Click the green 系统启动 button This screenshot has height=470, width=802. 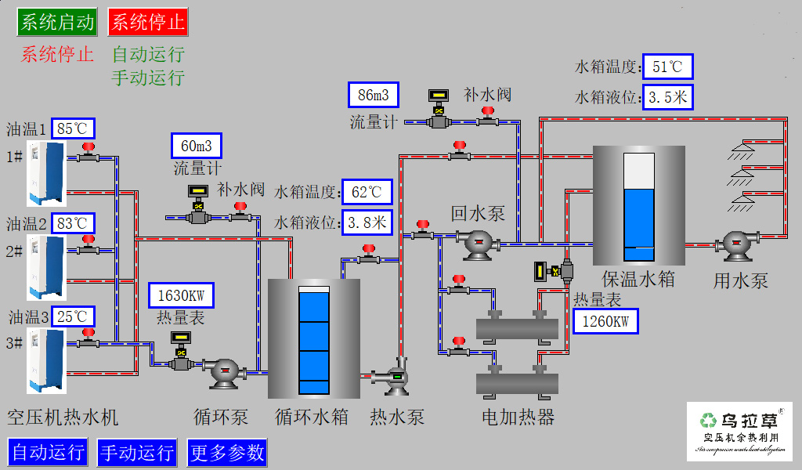[x=57, y=22]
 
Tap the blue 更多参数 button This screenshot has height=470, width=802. [x=227, y=452]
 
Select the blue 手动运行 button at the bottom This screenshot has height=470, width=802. [x=137, y=452]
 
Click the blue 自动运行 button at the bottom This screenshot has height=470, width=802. [x=48, y=452]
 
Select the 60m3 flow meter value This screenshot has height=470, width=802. [x=197, y=146]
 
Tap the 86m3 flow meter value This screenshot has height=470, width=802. [x=374, y=96]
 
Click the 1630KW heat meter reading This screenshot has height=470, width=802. [x=181, y=295]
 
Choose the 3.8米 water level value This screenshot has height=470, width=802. [x=367, y=222]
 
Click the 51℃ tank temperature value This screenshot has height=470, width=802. [x=667, y=67]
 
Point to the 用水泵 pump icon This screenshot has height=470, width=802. [x=739, y=245]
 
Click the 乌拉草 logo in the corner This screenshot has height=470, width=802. [x=740, y=431]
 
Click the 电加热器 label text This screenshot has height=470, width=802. [x=518, y=417]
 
